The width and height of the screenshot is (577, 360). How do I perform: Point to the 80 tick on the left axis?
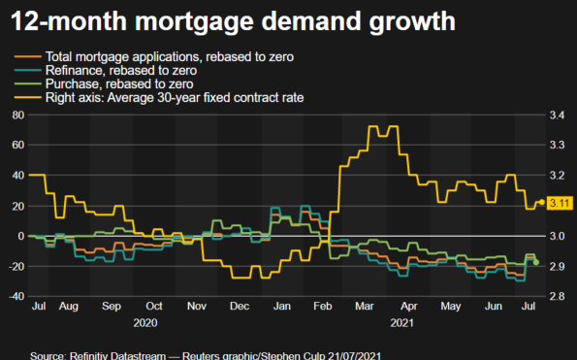click(x=16, y=115)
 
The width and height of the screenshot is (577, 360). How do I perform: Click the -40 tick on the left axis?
click(x=15, y=297)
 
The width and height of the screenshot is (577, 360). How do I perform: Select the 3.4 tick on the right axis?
click(x=559, y=115)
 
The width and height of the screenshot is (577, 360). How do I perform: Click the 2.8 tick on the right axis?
click(x=559, y=297)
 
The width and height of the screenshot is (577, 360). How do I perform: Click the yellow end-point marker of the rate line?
click(x=541, y=203)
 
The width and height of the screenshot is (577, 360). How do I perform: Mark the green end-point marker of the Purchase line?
click(x=536, y=262)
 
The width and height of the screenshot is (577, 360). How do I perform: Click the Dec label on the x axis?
click(x=239, y=306)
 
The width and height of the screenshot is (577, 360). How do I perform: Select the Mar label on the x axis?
click(x=365, y=306)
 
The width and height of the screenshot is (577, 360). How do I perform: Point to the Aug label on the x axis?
click(x=68, y=306)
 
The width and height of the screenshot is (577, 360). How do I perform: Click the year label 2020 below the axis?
click(x=145, y=321)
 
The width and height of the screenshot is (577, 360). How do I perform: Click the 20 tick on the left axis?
click(x=16, y=206)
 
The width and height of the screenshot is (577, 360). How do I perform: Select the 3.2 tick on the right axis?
click(x=559, y=176)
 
